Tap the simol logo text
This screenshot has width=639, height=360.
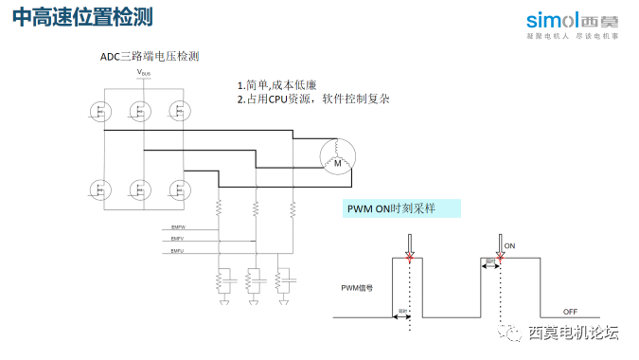point(550,19)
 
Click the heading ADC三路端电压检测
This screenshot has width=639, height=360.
point(150,57)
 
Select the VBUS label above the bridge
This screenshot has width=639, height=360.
point(143,72)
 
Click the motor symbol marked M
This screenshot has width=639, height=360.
point(334,160)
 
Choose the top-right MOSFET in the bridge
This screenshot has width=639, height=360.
point(177,112)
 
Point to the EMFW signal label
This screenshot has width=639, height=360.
point(177,227)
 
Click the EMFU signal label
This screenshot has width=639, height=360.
point(177,251)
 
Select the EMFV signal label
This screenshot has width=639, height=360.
point(177,240)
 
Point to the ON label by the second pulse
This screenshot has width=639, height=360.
point(509,245)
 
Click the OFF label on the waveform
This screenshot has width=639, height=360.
point(570,311)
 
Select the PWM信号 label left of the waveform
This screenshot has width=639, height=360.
point(357,286)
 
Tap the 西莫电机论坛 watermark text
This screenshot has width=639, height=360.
point(573,333)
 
